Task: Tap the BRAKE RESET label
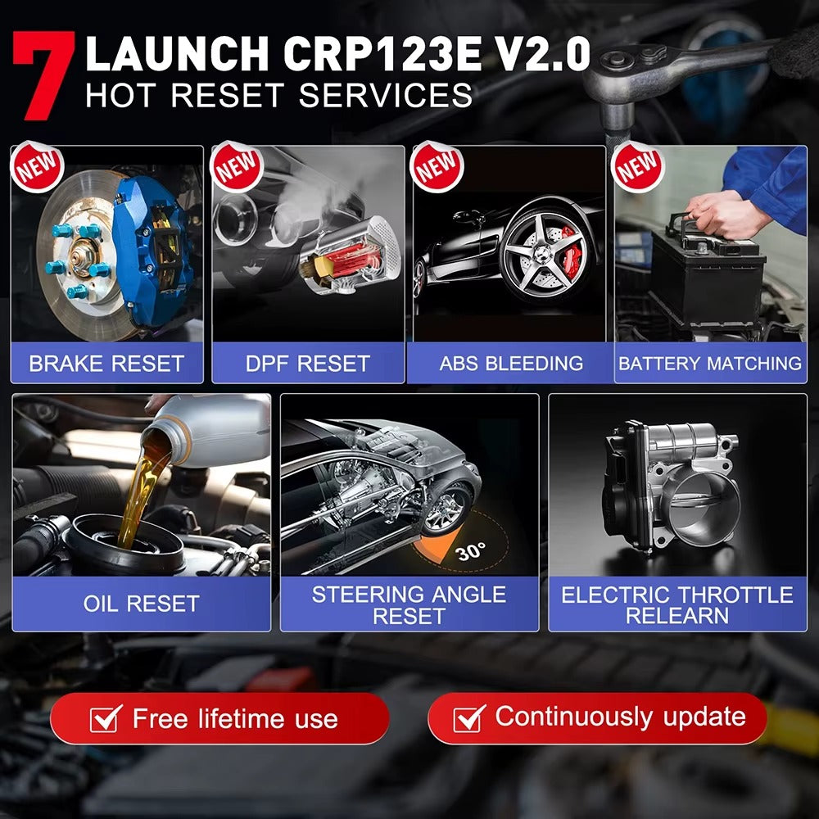pos(106,364)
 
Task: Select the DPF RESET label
pos(308,364)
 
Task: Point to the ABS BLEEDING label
pos(511,364)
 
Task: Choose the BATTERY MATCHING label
pos(710,364)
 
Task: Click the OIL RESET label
pos(141,604)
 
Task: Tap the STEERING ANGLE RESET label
pos(409,604)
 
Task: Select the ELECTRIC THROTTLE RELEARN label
pos(677,604)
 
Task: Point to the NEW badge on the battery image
pos(639,167)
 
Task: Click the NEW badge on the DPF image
pos(237,167)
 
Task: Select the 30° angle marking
pos(470,551)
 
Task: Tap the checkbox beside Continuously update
pos(468,718)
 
